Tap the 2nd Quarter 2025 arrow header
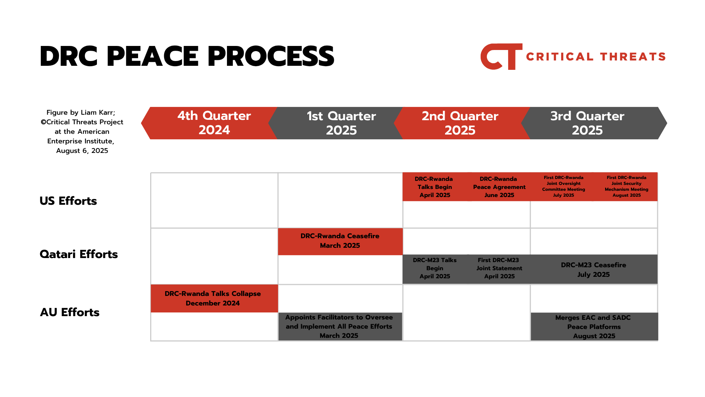tap(462, 123)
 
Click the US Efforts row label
tap(68, 201)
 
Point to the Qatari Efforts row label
tap(79, 254)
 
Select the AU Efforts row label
tap(70, 312)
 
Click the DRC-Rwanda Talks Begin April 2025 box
tap(435, 187)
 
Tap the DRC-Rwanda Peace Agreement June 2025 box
tap(499, 187)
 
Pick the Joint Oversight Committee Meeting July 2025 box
tap(563, 187)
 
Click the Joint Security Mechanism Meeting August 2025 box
tap(626, 187)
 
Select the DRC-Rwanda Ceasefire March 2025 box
tap(340, 242)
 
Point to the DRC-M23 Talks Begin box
tap(435, 269)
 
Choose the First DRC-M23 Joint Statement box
tap(499, 269)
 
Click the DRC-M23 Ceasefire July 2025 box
tap(594, 269)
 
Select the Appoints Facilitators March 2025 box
tap(340, 326)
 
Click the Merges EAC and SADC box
tap(594, 326)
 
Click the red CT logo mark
tap(501, 57)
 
